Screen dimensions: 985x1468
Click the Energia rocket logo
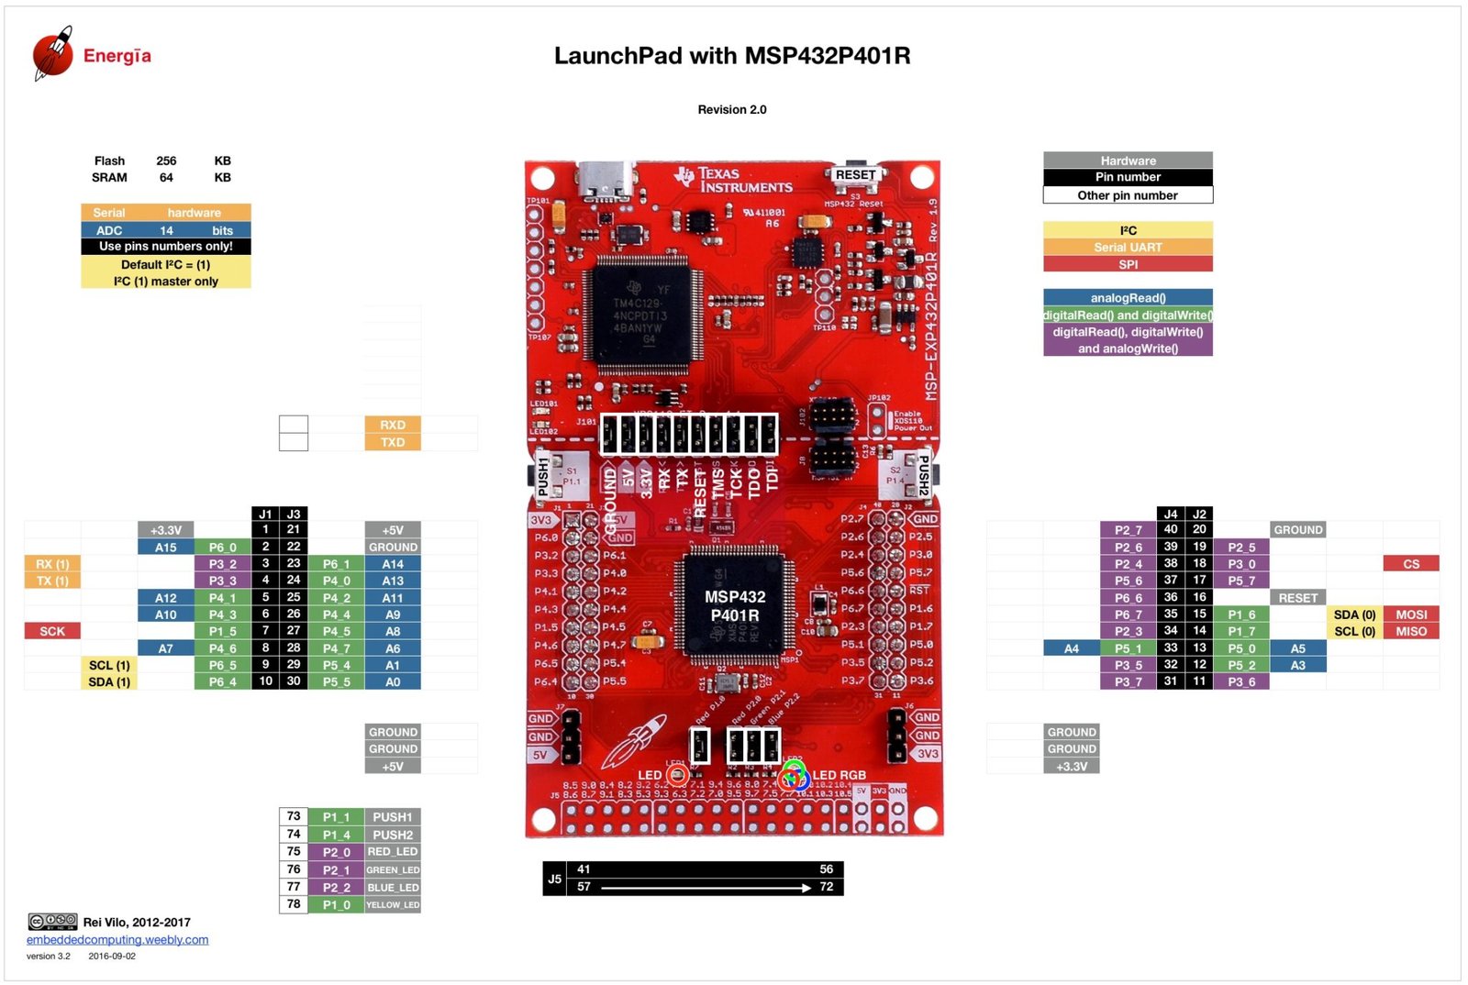pos(52,53)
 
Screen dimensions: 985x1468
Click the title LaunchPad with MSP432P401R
pos(732,56)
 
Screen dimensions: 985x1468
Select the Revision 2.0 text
pos(731,110)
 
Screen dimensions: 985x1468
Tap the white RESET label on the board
pos(855,175)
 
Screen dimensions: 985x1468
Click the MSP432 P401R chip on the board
pos(734,605)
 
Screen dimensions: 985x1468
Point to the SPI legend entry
pos(1128,264)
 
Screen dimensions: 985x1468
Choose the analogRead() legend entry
pos(1128,298)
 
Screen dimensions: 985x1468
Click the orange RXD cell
pos(393,425)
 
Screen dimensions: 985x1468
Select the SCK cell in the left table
pos(52,631)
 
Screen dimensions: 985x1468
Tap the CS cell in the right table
pos(1410,564)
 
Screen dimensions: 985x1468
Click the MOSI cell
pos(1410,614)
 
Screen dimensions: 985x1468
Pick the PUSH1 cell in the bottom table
pos(393,817)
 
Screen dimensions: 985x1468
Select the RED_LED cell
pos(393,852)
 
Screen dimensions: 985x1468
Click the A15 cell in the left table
pos(166,548)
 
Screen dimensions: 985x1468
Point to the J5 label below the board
pos(554,879)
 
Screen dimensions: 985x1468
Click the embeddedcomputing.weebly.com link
pos(117,940)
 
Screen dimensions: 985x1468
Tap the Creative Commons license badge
pos(52,922)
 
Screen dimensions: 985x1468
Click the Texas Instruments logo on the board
pos(734,180)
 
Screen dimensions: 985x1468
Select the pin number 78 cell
pos(294,904)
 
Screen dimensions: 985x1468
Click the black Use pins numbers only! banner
pos(166,247)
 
